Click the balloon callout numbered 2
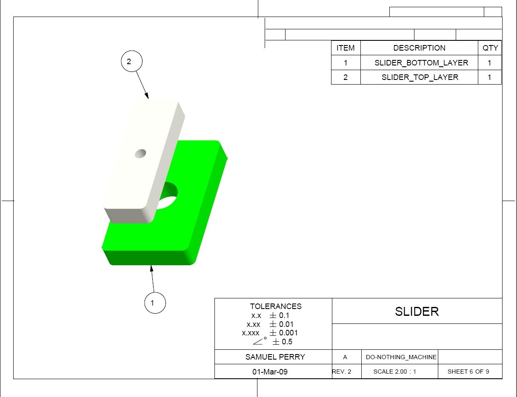pos(131,62)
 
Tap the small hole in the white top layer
pos(140,153)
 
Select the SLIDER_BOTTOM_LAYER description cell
pos(421,63)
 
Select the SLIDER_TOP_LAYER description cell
pos(420,77)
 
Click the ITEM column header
pos(346,48)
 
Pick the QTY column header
pos(490,48)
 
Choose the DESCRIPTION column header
pos(419,48)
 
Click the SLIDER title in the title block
pos(417,312)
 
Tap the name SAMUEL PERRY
pos(275,357)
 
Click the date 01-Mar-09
pos(270,372)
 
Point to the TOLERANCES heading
pos(276,306)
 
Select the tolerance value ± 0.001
pos(284,333)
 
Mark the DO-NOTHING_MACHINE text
pos(401,357)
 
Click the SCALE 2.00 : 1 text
pos(394,371)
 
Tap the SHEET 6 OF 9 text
pos(468,371)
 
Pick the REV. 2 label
pos(342,371)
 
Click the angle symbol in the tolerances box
pos(259,341)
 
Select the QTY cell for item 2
pos(489,77)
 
